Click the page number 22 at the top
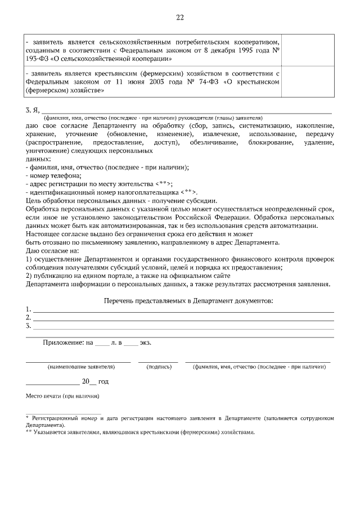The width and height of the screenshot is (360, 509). pyautogui.click(x=180, y=17)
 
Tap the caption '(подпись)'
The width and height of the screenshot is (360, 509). pyautogui.click(x=159, y=366)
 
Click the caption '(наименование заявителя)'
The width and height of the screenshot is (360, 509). pyautogui.click(x=81, y=366)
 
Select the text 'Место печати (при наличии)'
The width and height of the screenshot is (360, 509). pyautogui.click(x=63, y=396)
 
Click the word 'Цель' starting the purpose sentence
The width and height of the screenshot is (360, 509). pyautogui.click(x=34, y=200)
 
